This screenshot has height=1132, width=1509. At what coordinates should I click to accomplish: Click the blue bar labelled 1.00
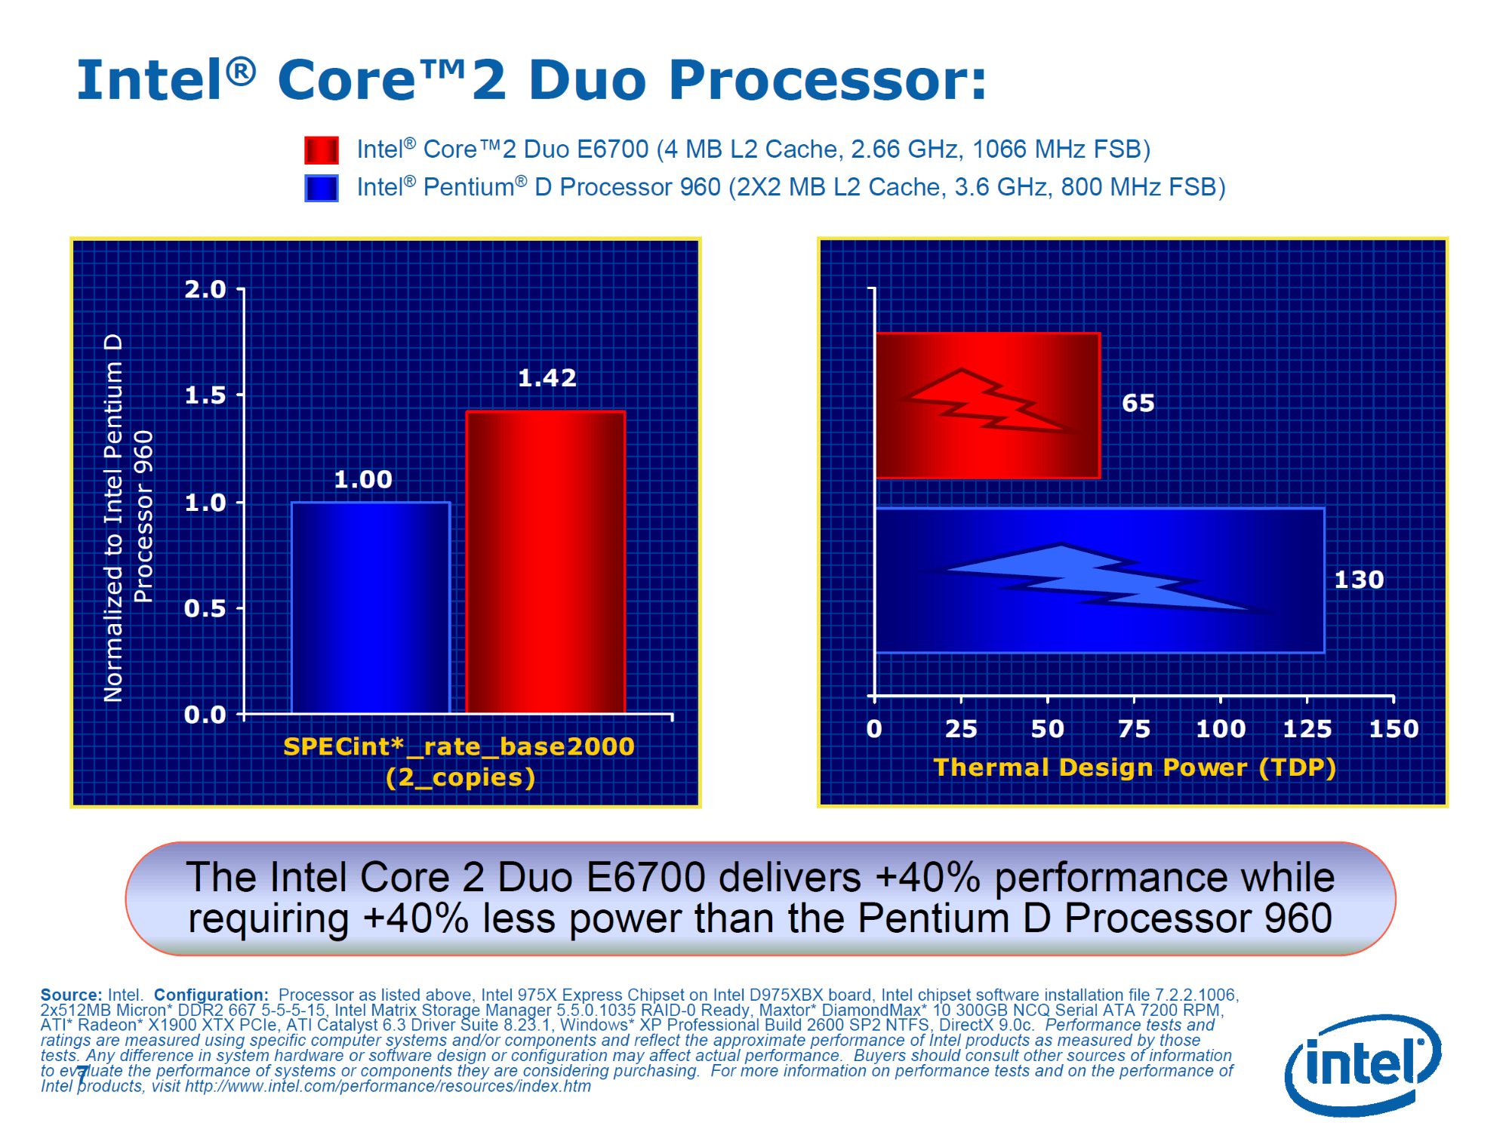tap(371, 608)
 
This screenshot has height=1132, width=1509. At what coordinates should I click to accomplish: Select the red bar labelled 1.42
tap(546, 562)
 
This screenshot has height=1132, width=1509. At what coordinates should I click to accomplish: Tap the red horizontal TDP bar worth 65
tap(987, 405)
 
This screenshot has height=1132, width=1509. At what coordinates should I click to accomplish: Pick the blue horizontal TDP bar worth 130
tap(1100, 580)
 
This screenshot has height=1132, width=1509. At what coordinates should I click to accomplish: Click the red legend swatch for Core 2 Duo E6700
tap(321, 150)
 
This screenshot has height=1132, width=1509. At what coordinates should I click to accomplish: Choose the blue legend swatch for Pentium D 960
tap(321, 188)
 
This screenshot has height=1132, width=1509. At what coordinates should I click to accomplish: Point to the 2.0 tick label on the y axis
tap(205, 289)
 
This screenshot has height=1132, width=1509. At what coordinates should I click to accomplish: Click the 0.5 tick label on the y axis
tap(205, 608)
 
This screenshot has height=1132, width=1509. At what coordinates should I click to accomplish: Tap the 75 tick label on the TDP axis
tap(1134, 728)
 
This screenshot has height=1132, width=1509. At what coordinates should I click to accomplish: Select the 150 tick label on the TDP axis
tap(1394, 728)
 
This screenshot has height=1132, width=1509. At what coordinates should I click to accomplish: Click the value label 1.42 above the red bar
tap(547, 377)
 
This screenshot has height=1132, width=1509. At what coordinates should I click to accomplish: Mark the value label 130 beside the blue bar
tap(1359, 580)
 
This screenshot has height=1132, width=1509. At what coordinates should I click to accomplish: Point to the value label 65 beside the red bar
tap(1138, 403)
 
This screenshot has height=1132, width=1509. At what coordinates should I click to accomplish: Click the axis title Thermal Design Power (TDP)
tap(1135, 767)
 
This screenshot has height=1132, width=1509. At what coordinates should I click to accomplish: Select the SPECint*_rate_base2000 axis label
tap(459, 746)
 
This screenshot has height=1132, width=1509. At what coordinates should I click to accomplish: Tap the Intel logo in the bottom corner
tap(1363, 1064)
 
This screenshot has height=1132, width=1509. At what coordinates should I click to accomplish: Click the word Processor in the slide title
tap(828, 80)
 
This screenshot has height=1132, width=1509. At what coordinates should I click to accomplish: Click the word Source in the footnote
tap(72, 995)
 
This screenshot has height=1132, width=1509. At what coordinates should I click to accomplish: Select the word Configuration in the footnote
tap(211, 995)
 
